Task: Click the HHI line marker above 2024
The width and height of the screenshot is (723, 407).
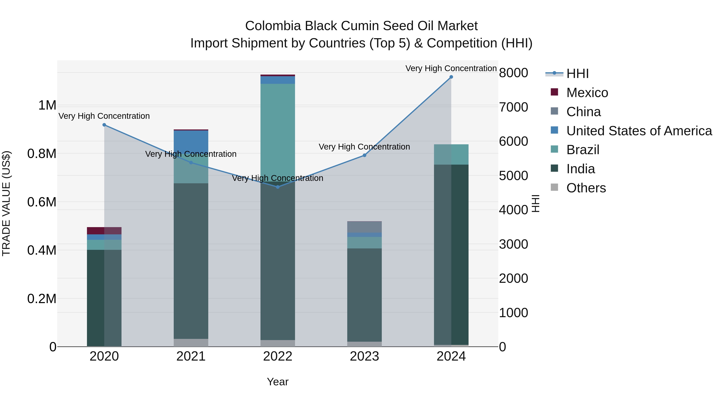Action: (x=451, y=77)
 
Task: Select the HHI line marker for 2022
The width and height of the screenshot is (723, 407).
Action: (x=278, y=187)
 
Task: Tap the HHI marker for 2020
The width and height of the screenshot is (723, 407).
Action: (x=104, y=125)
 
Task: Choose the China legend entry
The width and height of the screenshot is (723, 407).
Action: (x=583, y=112)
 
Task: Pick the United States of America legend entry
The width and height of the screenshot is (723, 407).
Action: (x=639, y=131)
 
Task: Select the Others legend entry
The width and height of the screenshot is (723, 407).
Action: (x=586, y=188)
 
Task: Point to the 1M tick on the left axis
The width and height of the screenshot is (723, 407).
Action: (x=47, y=105)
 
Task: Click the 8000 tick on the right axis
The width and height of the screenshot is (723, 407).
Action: (x=513, y=73)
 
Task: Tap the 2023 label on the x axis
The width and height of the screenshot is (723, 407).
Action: (x=364, y=356)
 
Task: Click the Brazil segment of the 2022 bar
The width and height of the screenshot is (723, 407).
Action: (x=278, y=129)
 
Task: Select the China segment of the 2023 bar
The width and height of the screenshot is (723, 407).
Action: (x=364, y=227)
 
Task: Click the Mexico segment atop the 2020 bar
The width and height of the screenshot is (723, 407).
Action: (x=104, y=231)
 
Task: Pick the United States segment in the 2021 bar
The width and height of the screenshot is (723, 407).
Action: (x=191, y=142)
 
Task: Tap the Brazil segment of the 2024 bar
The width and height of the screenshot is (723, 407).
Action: (x=451, y=155)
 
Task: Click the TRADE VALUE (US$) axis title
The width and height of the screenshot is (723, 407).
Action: (x=6, y=203)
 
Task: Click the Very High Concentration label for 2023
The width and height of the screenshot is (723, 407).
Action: (x=364, y=147)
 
